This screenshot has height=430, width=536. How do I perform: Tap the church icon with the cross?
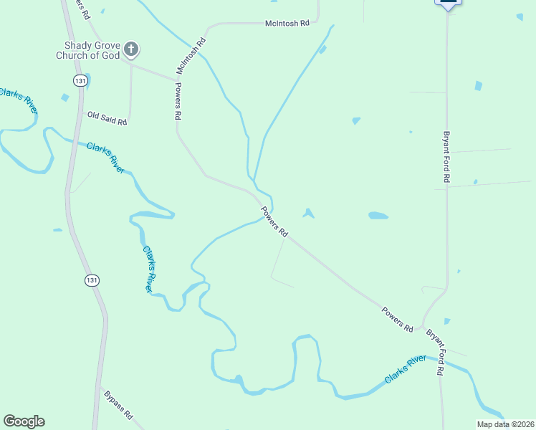tap(130, 49)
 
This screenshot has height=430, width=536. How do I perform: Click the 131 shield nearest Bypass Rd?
tap(90, 279)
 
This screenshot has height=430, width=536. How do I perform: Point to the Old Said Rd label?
tap(107, 118)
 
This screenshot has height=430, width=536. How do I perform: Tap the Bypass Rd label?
tap(118, 404)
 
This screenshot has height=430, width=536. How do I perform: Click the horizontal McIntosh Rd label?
tap(286, 24)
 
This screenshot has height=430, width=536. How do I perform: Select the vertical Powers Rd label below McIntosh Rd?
tap(178, 100)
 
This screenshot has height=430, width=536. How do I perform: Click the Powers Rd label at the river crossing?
tap(274, 222)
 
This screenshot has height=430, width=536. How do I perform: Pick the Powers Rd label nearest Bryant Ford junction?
tap(397, 319)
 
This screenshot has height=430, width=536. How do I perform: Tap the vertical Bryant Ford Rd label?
tap(446, 156)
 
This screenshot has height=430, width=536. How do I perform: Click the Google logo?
tap(24, 421)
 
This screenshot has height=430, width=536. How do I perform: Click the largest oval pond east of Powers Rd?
tap(378, 215)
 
